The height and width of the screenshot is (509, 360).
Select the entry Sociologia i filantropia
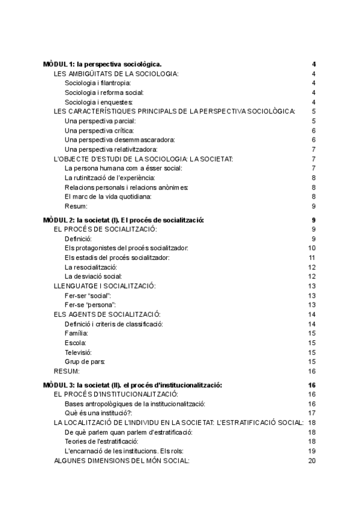[98, 83]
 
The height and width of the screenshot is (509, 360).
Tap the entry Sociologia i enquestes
[99, 102]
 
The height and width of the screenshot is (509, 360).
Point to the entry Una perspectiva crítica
[99, 130]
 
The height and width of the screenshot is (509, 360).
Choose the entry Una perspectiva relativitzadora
[111, 149]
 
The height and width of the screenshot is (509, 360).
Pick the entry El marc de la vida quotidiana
[108, 196]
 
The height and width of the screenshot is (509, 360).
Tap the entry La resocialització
[91, 267]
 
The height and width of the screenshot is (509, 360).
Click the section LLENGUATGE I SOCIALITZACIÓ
[104, 286]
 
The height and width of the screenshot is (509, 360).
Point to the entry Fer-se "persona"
[90, 305]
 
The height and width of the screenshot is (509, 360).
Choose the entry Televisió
[79, 352]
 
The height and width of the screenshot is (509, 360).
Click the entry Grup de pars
[85, 361]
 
